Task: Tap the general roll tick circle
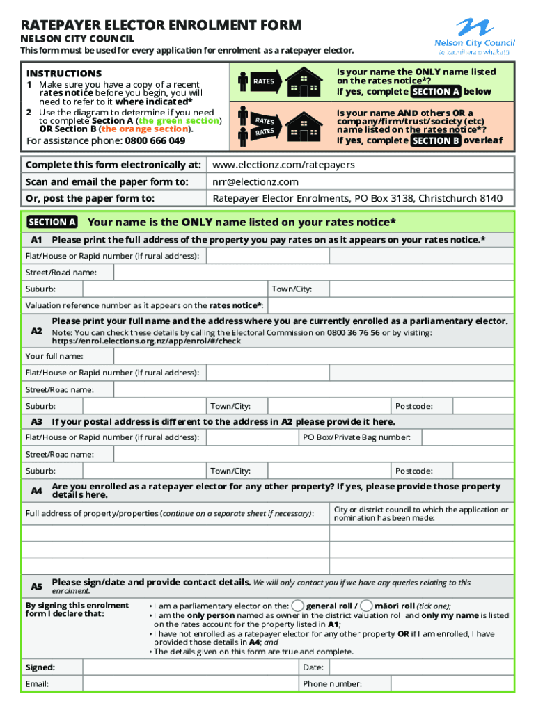point(298,605)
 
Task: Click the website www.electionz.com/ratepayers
point(284,165)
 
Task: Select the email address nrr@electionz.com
point(255,181)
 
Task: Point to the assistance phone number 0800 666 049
point(155,140)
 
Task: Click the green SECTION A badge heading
point(52,222)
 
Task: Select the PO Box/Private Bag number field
point(466,437)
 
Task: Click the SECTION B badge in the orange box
point(435,140)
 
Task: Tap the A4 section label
point(37,491)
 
